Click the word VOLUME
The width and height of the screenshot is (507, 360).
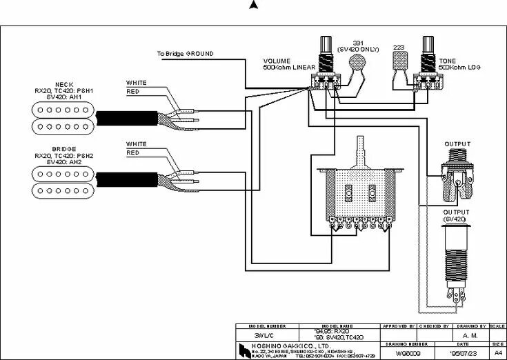276,61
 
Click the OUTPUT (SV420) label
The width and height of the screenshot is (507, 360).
455,215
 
